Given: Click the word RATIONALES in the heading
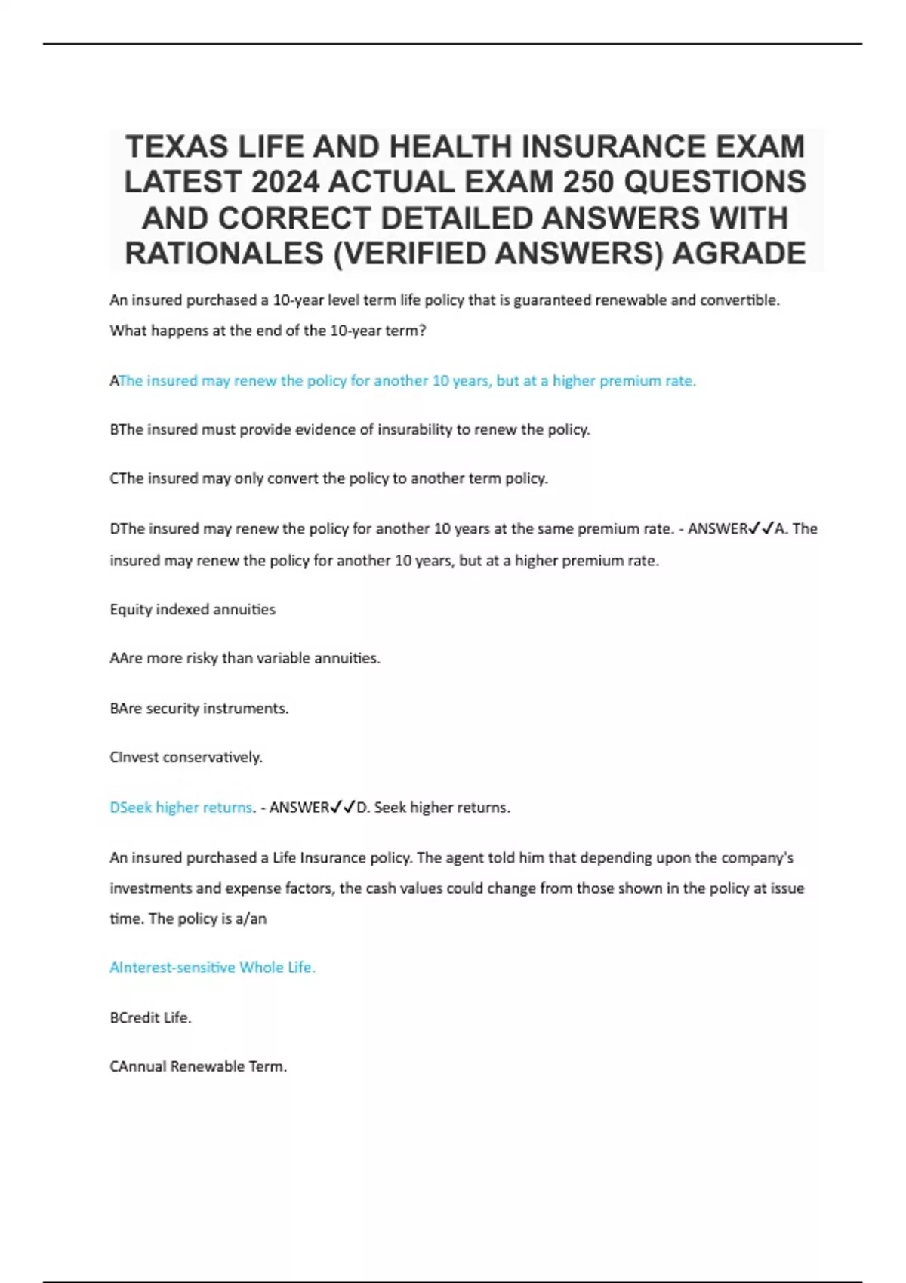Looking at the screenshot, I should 223,254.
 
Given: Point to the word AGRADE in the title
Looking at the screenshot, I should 738,254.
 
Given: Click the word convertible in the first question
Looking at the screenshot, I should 738,300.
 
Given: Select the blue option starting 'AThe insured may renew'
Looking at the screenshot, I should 404,381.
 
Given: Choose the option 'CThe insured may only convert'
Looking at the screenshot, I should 329,478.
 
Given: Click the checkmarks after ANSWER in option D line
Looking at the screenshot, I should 761,529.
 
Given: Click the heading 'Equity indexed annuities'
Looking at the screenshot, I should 193,610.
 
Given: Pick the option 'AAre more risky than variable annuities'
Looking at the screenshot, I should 245,659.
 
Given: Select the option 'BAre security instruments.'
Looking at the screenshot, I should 199,709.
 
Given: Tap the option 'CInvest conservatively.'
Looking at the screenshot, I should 186,758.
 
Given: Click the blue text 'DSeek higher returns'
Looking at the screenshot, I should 181,808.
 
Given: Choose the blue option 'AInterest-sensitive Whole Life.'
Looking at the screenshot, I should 213,968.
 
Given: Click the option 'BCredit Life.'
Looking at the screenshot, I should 151,1018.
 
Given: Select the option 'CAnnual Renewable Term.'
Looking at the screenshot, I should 199,1067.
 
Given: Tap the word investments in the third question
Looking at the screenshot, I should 150,888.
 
